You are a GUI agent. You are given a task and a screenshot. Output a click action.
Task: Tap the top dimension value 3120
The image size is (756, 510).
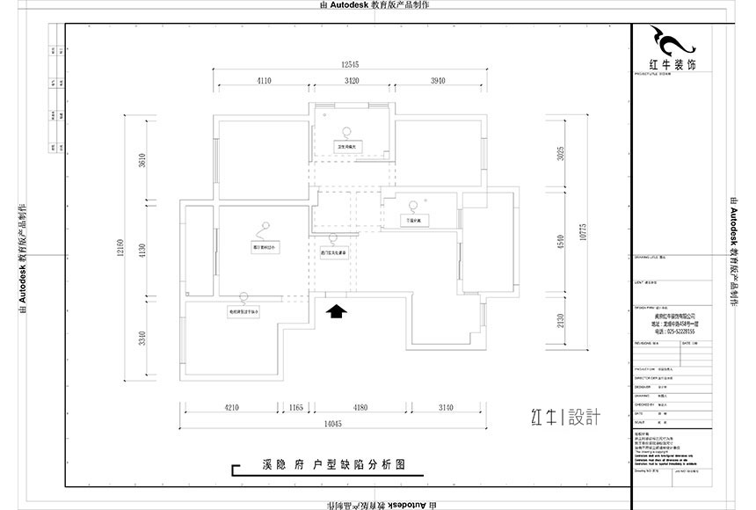(x=352, y=81)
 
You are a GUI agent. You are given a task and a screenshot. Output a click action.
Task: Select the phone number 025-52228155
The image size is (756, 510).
(x=675, y=331)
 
